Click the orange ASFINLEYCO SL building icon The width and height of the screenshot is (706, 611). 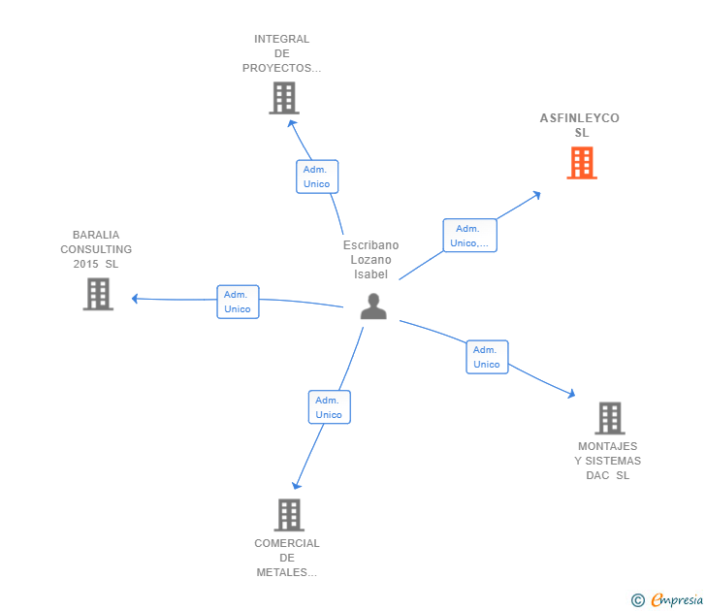581,163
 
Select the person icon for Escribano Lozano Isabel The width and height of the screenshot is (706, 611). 373,305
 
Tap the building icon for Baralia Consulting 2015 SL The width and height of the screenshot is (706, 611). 98,294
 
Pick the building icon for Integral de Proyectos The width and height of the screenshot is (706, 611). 283,98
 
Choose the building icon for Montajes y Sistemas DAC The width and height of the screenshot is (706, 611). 609,418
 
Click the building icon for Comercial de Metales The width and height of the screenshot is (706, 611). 289,515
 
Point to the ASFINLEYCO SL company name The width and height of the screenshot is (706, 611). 580,125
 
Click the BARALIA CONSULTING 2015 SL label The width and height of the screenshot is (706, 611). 96,249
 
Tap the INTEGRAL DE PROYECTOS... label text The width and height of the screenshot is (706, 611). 281,53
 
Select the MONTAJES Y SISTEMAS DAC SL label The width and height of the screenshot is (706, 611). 608,461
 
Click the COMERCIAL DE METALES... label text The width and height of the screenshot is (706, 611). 287,558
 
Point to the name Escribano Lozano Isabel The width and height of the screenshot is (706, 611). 370,260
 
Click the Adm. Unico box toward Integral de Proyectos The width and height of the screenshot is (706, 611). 316,177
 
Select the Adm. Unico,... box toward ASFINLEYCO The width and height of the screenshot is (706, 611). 470,236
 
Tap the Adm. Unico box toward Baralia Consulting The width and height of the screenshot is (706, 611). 238,302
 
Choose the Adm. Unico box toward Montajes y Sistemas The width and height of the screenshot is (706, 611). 487,357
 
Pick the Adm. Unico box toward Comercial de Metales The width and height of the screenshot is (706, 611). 329,407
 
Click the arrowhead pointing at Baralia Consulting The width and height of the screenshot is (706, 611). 136,299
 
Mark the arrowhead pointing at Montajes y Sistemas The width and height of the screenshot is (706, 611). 571,394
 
